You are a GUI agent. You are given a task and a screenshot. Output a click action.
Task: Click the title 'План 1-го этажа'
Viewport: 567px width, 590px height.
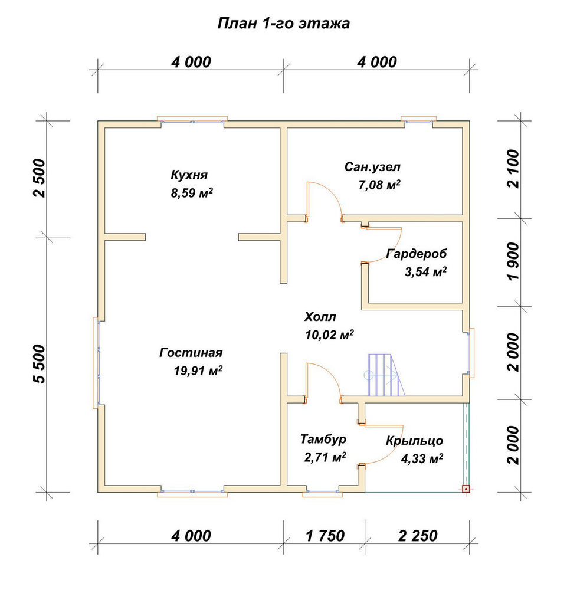[284, 24]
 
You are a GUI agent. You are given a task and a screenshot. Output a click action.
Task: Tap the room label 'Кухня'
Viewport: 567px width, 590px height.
[189, 175]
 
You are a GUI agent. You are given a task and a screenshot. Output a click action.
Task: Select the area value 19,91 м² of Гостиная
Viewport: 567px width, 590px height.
[198, 371]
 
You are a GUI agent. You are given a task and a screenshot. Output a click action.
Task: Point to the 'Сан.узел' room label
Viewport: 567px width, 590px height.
[372, 167]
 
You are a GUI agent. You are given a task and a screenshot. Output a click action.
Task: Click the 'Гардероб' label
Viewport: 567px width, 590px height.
[417, 254]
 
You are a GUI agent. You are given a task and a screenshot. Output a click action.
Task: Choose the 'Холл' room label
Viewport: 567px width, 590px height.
[320, 317]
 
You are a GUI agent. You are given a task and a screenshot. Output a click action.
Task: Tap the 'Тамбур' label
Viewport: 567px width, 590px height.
[323, 439]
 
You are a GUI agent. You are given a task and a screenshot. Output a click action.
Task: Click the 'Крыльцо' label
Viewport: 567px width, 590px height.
[414, 441]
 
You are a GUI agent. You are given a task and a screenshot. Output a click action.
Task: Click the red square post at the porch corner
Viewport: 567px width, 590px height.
[466, 489]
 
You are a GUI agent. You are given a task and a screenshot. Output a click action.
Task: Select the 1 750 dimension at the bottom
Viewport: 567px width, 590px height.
[325, 536]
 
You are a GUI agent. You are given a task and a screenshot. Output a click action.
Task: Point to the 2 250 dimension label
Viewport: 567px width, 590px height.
[418, 536]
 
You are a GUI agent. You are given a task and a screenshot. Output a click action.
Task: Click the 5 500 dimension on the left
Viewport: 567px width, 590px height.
[40, 364]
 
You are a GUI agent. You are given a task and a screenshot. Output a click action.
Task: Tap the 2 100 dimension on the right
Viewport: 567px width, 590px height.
[513, 169]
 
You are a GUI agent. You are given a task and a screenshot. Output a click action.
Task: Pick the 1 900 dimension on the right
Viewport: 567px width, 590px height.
[513, 261]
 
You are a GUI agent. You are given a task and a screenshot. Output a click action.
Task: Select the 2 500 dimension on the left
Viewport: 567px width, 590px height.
[40, 178]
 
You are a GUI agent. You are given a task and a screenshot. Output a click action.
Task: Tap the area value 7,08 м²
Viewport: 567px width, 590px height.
[379, 185]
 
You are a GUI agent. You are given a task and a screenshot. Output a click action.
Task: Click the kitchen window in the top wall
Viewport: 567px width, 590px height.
[192, 121]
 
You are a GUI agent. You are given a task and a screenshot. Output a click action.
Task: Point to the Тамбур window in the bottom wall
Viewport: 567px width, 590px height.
[323, 492]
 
